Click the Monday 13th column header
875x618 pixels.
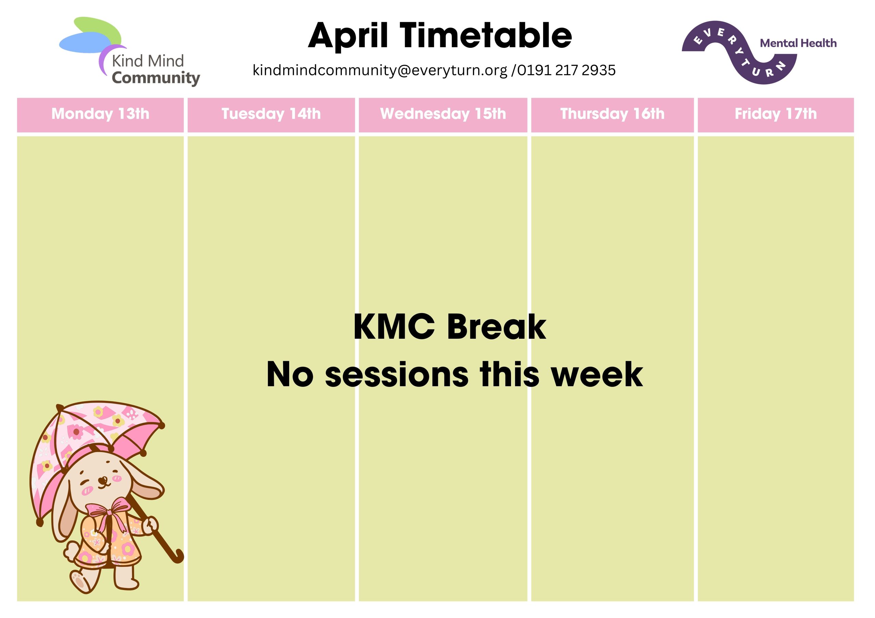point(100,115)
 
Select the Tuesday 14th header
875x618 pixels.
point(271,115)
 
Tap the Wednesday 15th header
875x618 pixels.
point(443,115)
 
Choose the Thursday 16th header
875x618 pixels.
point(612,115)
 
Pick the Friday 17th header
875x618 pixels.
point(776,115)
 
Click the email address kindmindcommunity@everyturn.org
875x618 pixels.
point(380,70)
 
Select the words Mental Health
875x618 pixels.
point(798,43)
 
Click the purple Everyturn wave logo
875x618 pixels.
point(739,53)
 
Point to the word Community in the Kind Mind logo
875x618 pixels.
point(156,78)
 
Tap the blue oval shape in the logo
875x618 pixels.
point(86,42)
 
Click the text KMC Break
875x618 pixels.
point(450,327)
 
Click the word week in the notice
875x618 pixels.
point(597,374)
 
